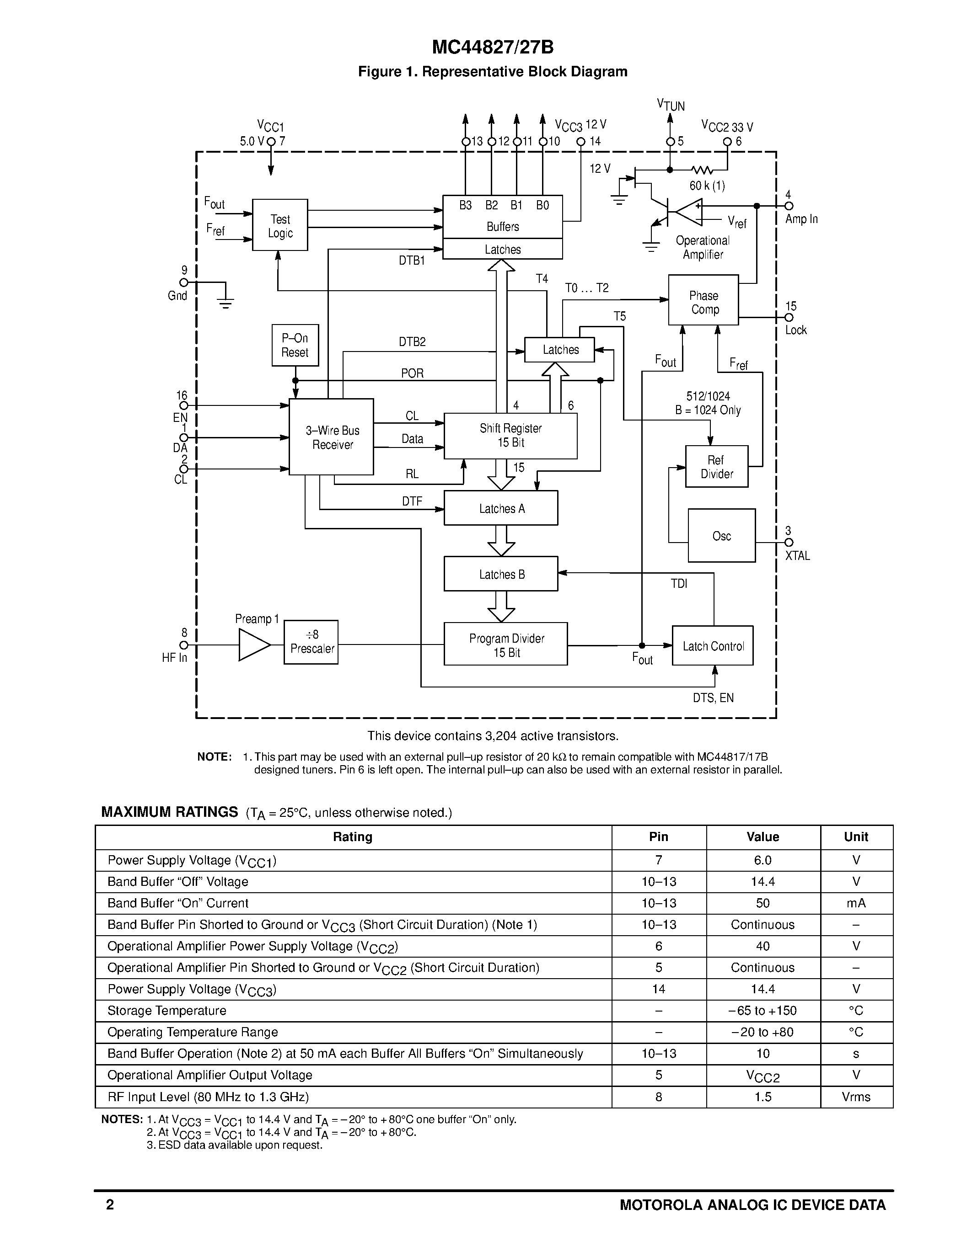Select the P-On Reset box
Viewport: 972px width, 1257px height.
pos(295,345)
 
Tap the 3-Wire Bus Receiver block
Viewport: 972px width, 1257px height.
pos(331,437)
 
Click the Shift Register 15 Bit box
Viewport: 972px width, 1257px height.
pos(510,436)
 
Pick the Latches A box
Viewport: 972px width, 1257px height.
pos(500,508)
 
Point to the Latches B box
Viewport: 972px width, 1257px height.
pos(500,574)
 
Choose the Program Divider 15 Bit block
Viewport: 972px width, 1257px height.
pos(505,644)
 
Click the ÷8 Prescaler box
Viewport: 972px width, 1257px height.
pos(311,642)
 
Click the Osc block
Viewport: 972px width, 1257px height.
pos(721,536)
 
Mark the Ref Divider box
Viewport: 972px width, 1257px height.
pos(716,467)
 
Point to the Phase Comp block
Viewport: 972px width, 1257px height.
pos(703,300)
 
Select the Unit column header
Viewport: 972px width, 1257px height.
pos(856,837)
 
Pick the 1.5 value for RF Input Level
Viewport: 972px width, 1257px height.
pos(763,1097)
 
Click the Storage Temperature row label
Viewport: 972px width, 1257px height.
pos(167,1011)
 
